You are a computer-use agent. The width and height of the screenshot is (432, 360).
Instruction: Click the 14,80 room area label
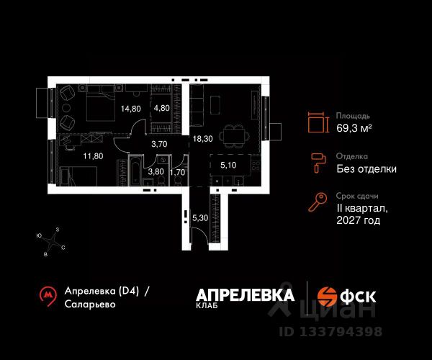[x=131, y=109]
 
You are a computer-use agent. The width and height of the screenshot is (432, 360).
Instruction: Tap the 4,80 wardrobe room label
[x=162, y=108]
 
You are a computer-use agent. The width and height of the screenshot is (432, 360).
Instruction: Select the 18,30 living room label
[x=203, y=139]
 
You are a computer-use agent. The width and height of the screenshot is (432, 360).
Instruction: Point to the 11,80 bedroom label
[x=93, y=156]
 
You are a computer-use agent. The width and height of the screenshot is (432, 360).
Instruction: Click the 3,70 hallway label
[x=159, y=144]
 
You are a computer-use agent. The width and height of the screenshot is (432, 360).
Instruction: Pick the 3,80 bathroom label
[x=156, y=172]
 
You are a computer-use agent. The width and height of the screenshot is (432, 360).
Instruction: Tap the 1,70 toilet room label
[x=177, y=172]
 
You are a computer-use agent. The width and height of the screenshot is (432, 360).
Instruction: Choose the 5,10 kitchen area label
[x=228, y=166]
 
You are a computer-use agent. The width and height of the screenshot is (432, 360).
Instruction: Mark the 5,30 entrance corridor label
[x=200, y=218]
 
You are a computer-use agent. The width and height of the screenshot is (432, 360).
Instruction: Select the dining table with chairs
[x=234, y=136]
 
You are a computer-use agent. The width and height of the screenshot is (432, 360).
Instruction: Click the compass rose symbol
[x=51, y=242]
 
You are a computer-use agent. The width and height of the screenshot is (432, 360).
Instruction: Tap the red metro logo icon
[x=48, y=297]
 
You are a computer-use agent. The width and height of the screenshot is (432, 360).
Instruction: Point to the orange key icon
[x=318, y=202]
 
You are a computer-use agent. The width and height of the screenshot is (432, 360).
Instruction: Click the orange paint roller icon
[x=318, y=163]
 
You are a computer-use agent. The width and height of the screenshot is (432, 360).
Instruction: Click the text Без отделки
[x=366, y=169]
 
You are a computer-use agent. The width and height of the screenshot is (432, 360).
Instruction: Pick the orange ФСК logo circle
[x=327, y=297]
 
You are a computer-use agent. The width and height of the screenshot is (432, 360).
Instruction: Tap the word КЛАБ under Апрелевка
[x=207, y=305]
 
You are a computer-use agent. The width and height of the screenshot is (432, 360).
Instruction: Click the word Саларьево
[x=90, y=304]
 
